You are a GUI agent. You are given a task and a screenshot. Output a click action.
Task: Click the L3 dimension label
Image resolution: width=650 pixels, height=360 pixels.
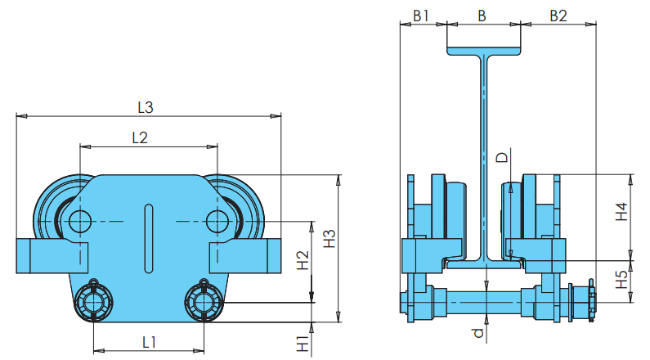point(146,108)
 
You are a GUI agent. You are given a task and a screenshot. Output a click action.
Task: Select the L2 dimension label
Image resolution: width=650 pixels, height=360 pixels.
point(140,137)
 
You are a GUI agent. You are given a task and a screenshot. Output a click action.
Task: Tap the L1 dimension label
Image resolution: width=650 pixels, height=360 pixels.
point(150,343)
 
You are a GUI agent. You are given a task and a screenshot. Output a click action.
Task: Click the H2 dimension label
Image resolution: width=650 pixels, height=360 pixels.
point(303,260)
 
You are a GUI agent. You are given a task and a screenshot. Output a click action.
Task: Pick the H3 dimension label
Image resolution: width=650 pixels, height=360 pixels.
point(329,239)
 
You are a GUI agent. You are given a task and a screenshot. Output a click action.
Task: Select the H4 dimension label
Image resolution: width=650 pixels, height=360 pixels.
point(622,212)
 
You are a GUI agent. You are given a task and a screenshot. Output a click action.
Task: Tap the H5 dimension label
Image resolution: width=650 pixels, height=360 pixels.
point(622,280)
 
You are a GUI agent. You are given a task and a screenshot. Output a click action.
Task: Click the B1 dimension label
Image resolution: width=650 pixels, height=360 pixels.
point(421,16)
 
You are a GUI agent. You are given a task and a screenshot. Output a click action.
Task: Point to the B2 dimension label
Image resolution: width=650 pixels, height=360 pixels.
point(558,16)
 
